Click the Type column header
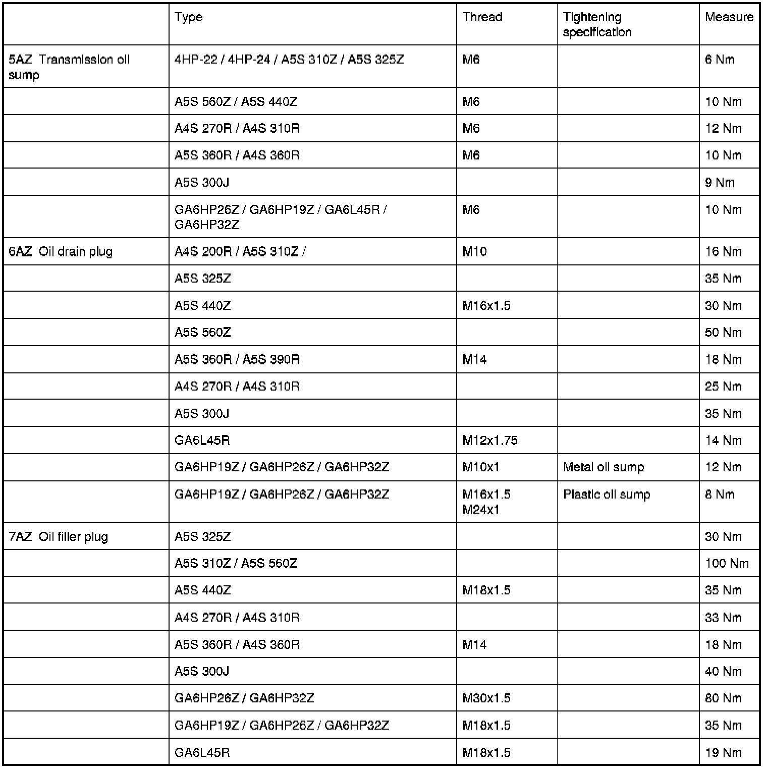click(189, 17)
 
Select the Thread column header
click(482, 17)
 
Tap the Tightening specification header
click(597, 25)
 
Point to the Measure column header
click(729, 17)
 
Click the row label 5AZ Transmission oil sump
click(69, 67)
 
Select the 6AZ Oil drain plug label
click(61, 252)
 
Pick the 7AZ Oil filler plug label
click(59, 536)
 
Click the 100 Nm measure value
click(727, 564)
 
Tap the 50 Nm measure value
click(723, 333)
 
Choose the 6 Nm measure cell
click(720, 60)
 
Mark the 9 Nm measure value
click(720, 182)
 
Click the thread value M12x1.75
click(489, 441)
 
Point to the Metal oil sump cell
click(604, 467)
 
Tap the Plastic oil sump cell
click(607, 495)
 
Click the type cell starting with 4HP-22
click(289, 60)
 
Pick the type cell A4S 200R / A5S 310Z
click(240, 252)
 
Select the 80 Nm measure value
click(723, 698)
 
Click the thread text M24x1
click(481, 510)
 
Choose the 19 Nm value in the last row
click(723, 753)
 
